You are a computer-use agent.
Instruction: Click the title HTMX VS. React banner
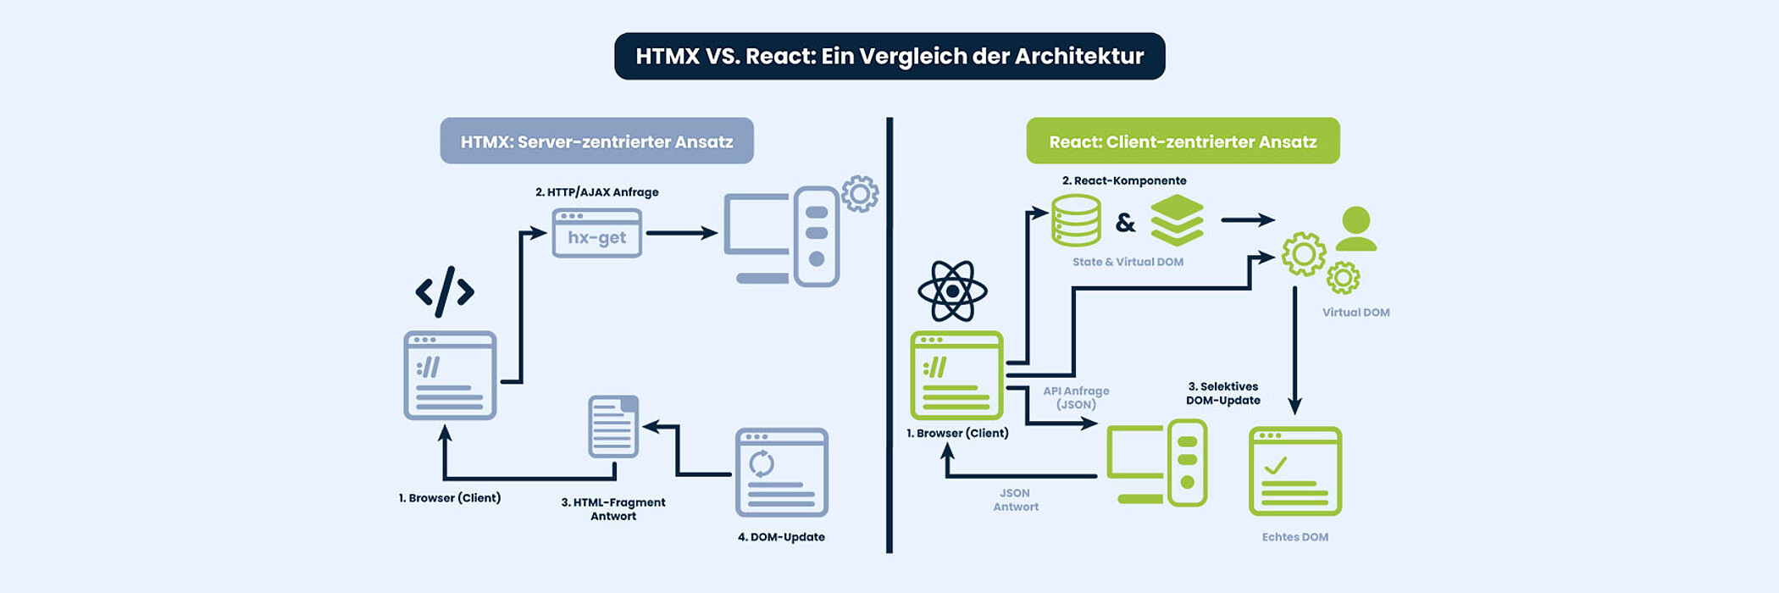click(890, 56)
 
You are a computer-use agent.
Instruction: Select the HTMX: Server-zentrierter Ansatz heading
click(596, 141)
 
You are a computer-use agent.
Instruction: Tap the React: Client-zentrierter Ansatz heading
click(1183, 141)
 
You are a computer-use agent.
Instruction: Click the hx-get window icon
click(596, 233)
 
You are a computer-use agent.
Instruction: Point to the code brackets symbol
click(445, 291)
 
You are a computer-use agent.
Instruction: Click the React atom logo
click(952, 291)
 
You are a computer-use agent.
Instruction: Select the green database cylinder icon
click(1076, 220)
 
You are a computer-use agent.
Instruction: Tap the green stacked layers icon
click(1177, 220)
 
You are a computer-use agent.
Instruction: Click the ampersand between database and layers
click(1125, 223)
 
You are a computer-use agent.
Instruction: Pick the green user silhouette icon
click(1355, 229)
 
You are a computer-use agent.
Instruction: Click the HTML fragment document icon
click(613, 426)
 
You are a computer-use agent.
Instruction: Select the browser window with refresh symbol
click(781, 472)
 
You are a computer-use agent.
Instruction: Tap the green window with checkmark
click(1295, 471)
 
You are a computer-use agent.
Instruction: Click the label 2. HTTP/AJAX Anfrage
click(596, 192)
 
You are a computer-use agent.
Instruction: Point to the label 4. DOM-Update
click(781, 537)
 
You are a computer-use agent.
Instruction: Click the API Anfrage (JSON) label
click(1076, 397)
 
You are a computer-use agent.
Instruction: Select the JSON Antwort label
click(1015, 500)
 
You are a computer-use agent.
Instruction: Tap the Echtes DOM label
click(1294, 537)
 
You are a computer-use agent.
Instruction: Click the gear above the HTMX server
click(860, 194)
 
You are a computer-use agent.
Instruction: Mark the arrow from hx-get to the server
click(681, 233)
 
